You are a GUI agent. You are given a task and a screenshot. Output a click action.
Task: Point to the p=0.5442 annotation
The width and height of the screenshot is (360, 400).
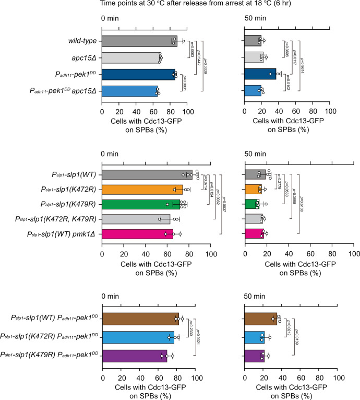(x=197, y=57)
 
